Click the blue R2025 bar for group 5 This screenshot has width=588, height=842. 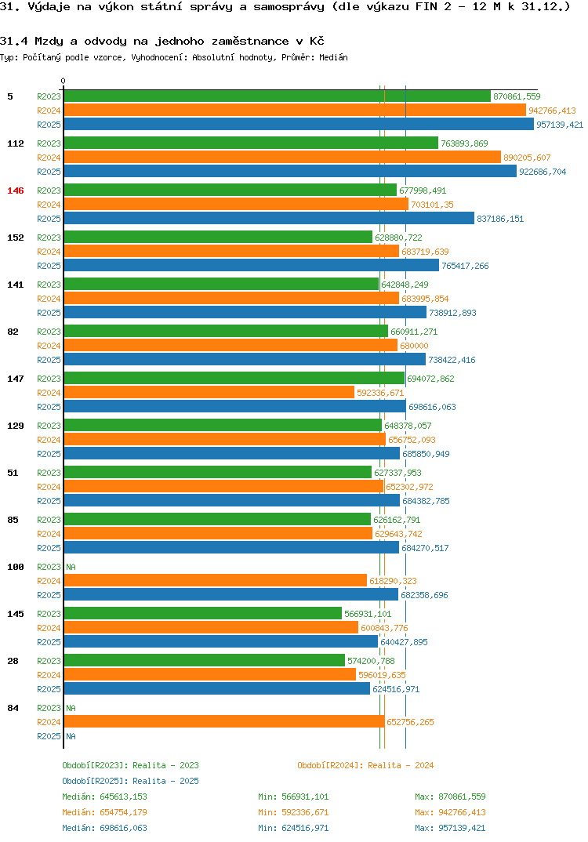point(299,125)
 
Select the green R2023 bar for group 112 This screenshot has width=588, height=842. point(251,143)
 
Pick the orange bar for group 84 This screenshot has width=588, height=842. point(224,721)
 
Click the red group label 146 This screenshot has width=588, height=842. point(16,191)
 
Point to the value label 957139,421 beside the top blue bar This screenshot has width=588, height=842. point(561,125)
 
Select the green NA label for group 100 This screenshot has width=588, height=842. point(71,567)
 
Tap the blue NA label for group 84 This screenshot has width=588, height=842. point(71,736)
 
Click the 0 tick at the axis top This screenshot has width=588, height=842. point(64,81)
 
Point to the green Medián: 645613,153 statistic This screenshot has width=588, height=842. point(104,797)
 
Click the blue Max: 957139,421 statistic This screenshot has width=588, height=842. point(450,828)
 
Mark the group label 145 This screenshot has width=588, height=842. point(16,614)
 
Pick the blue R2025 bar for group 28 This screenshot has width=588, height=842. point(216,688)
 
